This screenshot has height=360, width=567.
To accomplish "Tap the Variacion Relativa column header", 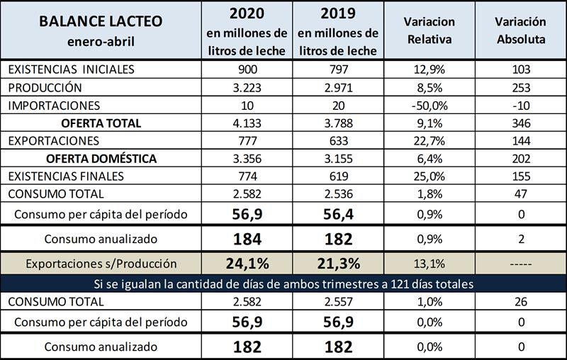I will pyautogui.click(x=430, y=30).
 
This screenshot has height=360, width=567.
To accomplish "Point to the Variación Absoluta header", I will pyautogui.click(x=520, y=30).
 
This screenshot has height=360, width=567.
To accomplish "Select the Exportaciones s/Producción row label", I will pyautogui.click(x=101, y=264).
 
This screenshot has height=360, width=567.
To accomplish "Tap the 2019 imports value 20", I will pyautogui.click(x=338, y=105).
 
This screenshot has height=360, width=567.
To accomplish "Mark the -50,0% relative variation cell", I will pyautogui.click(x=430, y=105).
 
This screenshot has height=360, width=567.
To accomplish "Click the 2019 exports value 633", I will pyautogui.click(x=338, y=140).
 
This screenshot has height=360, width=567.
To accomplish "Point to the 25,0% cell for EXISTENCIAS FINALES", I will pyautogui.click(x=430, y=175).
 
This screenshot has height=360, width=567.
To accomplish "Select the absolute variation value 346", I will pyautogui.click(x=520, y=123).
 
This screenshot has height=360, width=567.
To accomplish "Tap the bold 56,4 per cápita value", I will pyautogui.click(x=338, y=213).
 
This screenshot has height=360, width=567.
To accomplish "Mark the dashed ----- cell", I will pyautogui.click(x=520, y=264).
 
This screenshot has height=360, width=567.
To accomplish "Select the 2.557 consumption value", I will pyautogui.click(x=338, y=302).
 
